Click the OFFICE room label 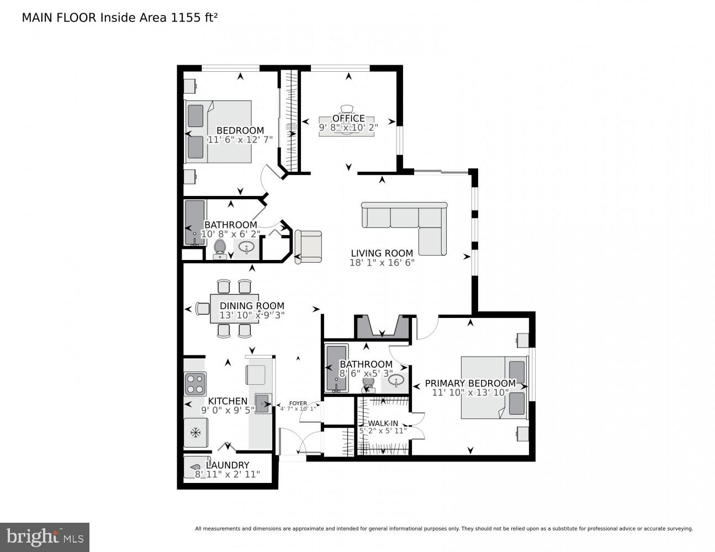(x=348, y=118)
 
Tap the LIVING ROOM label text (x=382, y=253)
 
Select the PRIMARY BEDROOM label (x=470, y=383)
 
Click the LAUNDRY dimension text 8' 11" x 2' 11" (x=227, y=474)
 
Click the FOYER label (x=298, y=404)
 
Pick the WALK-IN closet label (x=383, y=423)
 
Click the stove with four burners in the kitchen (x=195, y=384)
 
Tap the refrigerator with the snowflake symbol (x=195, y=432)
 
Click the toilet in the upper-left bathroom (x=220, y=248)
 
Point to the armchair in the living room (x=308, y=247)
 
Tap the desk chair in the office (x=347, y=109)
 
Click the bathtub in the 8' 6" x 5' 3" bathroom (x=335, y=368)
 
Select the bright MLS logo (x=45, y=537)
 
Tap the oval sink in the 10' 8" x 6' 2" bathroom (x=247, y=246)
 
